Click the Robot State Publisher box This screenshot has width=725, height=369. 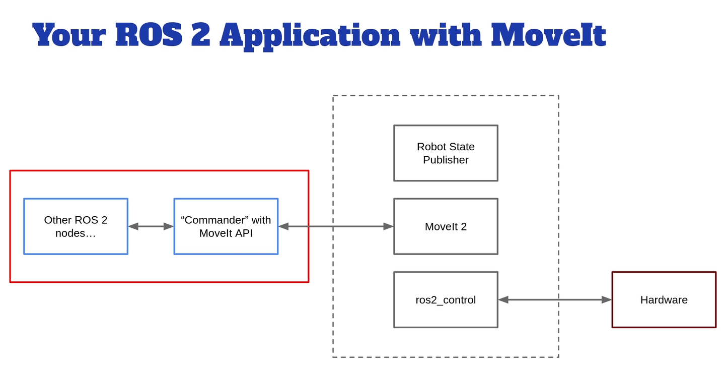[446, 153]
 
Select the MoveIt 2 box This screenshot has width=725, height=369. [446, 226]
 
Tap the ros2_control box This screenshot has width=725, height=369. [446, 299]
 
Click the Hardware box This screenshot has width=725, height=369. [664, 299]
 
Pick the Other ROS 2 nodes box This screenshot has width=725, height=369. [76, 226]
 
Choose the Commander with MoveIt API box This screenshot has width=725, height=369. [226, 226]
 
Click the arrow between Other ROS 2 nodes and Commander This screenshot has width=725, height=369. [151, 226]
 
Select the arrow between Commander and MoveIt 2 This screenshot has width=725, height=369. [336, 226]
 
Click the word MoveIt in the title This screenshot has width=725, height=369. [548, 35]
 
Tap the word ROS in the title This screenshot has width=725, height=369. [149, 35]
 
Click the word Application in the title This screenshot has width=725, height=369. [310, 35]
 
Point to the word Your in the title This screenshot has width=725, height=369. [69, 35]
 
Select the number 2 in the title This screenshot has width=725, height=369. [200, 35]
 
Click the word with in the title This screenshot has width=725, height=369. [446, 35]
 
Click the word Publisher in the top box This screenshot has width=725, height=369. [446, 160]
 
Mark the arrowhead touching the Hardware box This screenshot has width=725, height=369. [606, 299]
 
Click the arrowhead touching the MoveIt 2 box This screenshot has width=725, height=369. [388, 226]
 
